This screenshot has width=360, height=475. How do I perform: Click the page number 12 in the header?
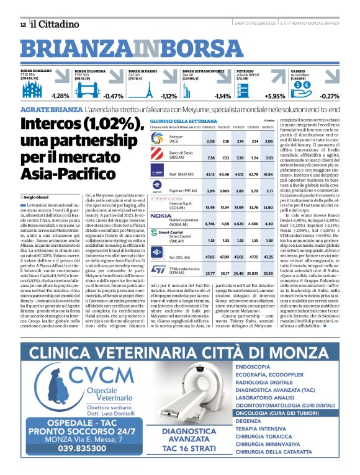23,24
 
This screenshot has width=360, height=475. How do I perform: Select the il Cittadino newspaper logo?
56,24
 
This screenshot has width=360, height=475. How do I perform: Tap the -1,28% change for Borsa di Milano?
60,96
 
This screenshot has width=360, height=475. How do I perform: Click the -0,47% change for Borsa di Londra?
114,96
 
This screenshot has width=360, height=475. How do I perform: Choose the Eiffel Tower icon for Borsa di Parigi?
149,90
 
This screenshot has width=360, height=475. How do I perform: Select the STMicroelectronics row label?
186,271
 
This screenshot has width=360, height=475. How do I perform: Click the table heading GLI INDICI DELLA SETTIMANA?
188,122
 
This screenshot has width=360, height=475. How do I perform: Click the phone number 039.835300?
75,465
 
